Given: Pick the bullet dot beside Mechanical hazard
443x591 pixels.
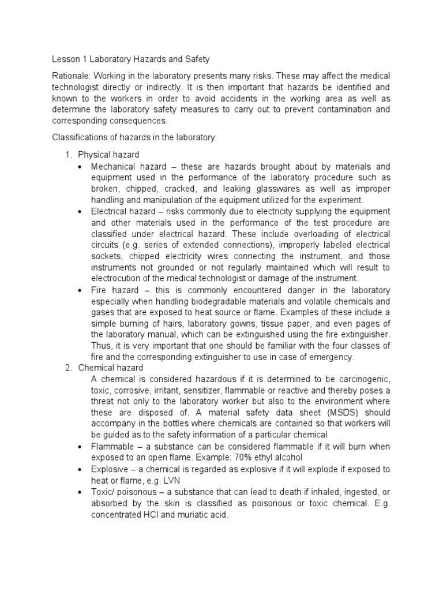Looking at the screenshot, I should pyautogui.click(x=80, y=167).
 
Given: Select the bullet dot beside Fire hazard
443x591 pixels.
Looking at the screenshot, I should pyautogui.click(x=80, y=290).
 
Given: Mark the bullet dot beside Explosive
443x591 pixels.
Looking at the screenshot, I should pyautogui.click(x=80, y=469).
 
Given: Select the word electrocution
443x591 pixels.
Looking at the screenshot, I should pyautogui.click(x=118, y=279).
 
